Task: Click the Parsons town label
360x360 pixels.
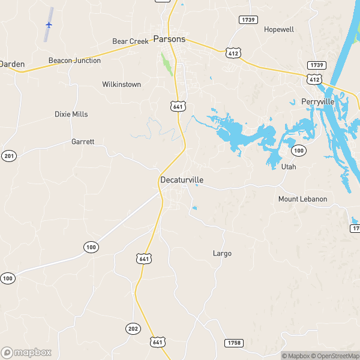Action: pyautogui.click(x=169, y=39)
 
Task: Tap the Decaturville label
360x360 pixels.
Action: pyautogui.click(x=181, y=179)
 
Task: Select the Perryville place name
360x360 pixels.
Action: pyautogui.click(x=317, y=102)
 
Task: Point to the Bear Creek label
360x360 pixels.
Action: pyautogui.click(x=130, y=41)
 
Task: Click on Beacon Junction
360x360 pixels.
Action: pyautogui.click(x=74, y=61)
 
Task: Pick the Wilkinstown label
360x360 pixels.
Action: pyautogui.click(x=121, y=85)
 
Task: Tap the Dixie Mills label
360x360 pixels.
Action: pyautogui.click(x=71, y=114)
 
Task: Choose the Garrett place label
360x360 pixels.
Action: pyautogui.click(x=83, y=142)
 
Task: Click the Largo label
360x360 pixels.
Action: pyautogui.click(x=222, y=253)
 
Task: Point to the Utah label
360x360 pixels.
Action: pyautogui.click(x=289, y=167)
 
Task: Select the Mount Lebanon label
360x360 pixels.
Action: pyautogui.click(x=302, y=199)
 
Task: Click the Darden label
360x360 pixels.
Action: pyautogui.click(x=10, y=63)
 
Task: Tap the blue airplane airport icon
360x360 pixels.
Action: pyautogui.click(x=49, y=25)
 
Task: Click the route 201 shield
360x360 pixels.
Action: pyautogui.click(x=8, y=156)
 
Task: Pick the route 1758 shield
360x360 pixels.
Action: pyautogui.click(x=234, y=343)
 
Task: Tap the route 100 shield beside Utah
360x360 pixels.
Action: pyautogui.click(x=299, y=150)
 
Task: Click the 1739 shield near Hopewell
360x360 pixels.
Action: pyautogui.click(x=248, y=20)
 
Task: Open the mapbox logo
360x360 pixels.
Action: pyautogui.click(x=26, y=352)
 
